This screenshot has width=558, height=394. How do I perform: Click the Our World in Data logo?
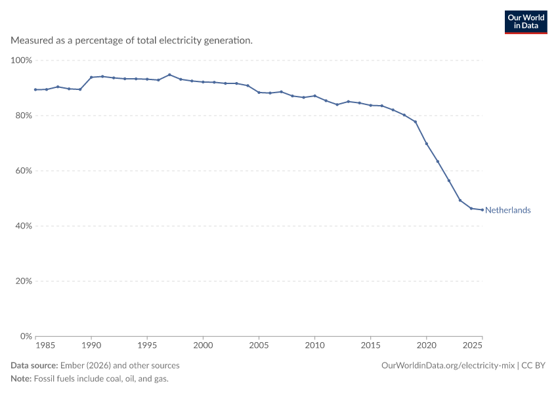[526, 22]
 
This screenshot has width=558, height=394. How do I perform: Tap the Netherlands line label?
[508, 210]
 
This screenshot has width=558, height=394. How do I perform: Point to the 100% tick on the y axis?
[22, 60]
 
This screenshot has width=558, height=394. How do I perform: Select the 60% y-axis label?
[24, 171]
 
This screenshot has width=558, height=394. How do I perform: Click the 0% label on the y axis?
[26, 336]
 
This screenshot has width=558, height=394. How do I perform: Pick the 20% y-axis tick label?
[24, 281]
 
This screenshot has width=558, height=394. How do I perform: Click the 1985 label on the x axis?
[45, 345]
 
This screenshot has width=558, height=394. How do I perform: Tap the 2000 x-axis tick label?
[203, 345]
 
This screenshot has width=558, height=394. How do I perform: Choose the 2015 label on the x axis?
[370, 345]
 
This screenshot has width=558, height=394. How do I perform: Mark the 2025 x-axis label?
[472, 345]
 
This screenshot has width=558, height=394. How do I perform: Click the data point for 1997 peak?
[169, 75]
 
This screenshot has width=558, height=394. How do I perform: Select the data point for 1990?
[91, 77]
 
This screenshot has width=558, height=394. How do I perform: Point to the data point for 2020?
[426, 144]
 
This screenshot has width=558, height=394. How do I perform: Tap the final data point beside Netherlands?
[483, 210]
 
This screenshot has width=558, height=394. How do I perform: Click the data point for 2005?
[259, 93]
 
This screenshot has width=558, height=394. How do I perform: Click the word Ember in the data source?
[72, 366]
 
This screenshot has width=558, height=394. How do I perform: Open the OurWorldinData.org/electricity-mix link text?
[448, 366]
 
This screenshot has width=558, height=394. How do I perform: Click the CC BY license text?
[533, 366]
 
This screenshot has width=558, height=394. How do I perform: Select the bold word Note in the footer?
[21, 378]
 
